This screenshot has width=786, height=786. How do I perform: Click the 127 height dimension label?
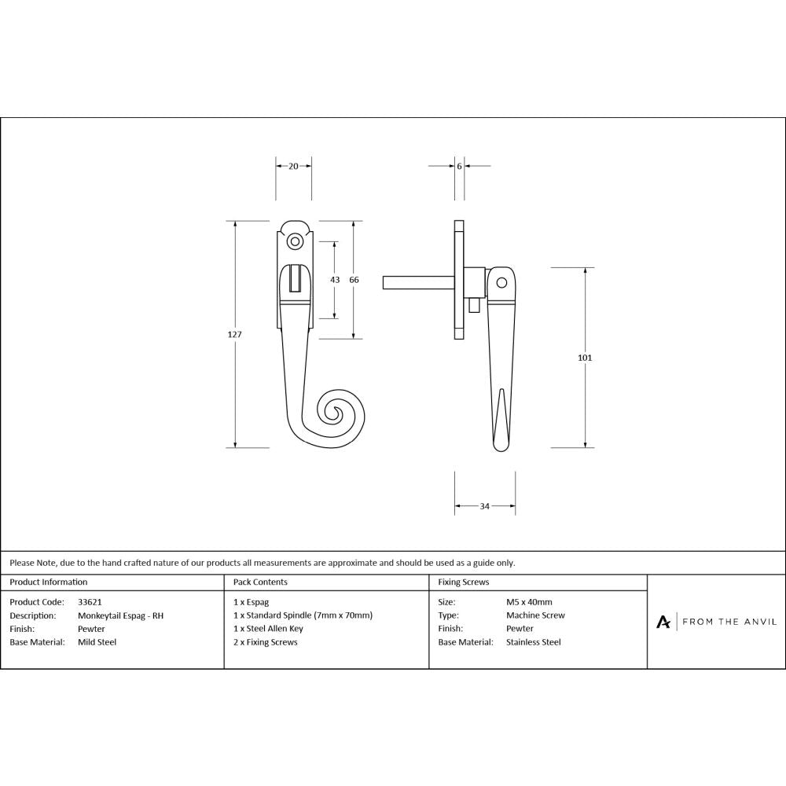[234, 334]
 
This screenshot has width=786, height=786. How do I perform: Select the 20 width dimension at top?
[293, 166]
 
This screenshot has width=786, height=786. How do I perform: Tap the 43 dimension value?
[335, 279]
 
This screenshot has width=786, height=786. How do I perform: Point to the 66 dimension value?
[354, 279]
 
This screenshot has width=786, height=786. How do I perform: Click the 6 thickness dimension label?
[459, 166]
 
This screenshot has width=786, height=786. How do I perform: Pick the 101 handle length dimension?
[585, 358]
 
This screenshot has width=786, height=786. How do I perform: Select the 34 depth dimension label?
[485, 506]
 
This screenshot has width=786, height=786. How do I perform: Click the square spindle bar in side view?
[417, 281]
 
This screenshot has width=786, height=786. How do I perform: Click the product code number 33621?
[90, 602]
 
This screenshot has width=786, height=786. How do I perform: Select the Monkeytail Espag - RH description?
[121, 615]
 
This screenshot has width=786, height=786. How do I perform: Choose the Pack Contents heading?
[260, 582]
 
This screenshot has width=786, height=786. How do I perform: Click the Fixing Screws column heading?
[464, 582]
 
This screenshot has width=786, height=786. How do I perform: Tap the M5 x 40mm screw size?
[529, 602]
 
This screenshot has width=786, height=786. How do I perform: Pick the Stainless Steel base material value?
[534, 642]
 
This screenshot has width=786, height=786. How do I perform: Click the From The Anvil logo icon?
[663, 622]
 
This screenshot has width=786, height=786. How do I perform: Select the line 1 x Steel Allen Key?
[268, 629]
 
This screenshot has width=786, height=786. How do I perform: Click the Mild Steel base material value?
[97, 642]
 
